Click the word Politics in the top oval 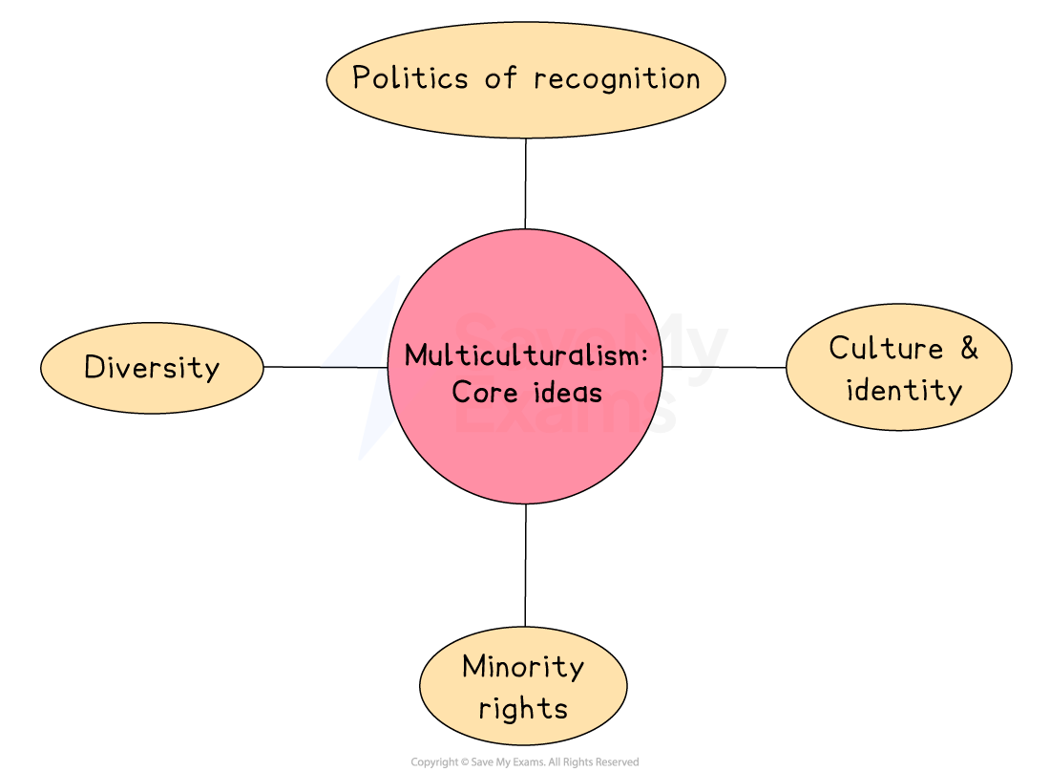coord(410,78)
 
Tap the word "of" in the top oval coord(500,78)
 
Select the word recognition coord(617,79)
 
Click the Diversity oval coord(152,368)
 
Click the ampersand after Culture coord(969,348)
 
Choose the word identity coord(903,390)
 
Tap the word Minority coord(522,666)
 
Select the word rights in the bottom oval coord(523,708)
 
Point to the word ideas coord(567,392)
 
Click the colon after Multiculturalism coord(644,357)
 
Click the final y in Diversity coord(211,371)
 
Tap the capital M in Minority coord(474,666)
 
